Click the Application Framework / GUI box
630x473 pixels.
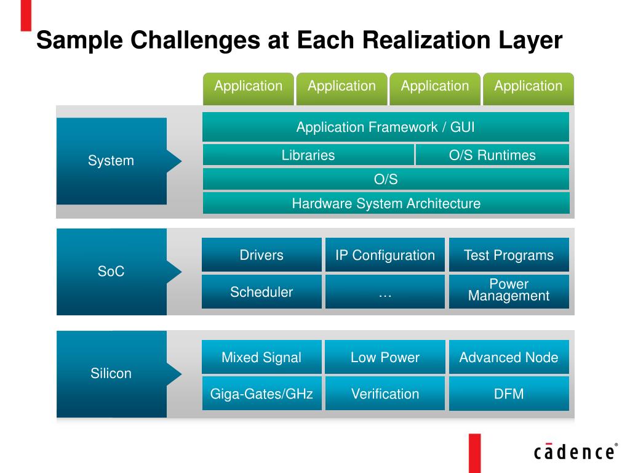[385, 127]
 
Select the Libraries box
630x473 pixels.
[308, 155]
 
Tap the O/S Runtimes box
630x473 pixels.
[492, 155]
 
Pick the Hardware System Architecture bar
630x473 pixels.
[386, 203]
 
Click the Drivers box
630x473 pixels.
[261, 255]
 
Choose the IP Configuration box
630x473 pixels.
[385, 255]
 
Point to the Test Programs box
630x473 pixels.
[509, 255]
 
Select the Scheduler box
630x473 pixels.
[261, 292]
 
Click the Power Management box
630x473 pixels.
[509, 290]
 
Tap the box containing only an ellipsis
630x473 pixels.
[385, 292]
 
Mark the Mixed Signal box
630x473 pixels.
[261, 357]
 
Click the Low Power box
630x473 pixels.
[385, 357]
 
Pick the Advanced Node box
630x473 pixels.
[509, 357]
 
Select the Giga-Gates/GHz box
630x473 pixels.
[261, 394]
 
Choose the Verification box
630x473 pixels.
[385, 394]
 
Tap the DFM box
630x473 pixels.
[509, 394]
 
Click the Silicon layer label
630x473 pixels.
[111, 373]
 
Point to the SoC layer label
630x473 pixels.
[111, 271]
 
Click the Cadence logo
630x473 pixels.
[575, 451]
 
